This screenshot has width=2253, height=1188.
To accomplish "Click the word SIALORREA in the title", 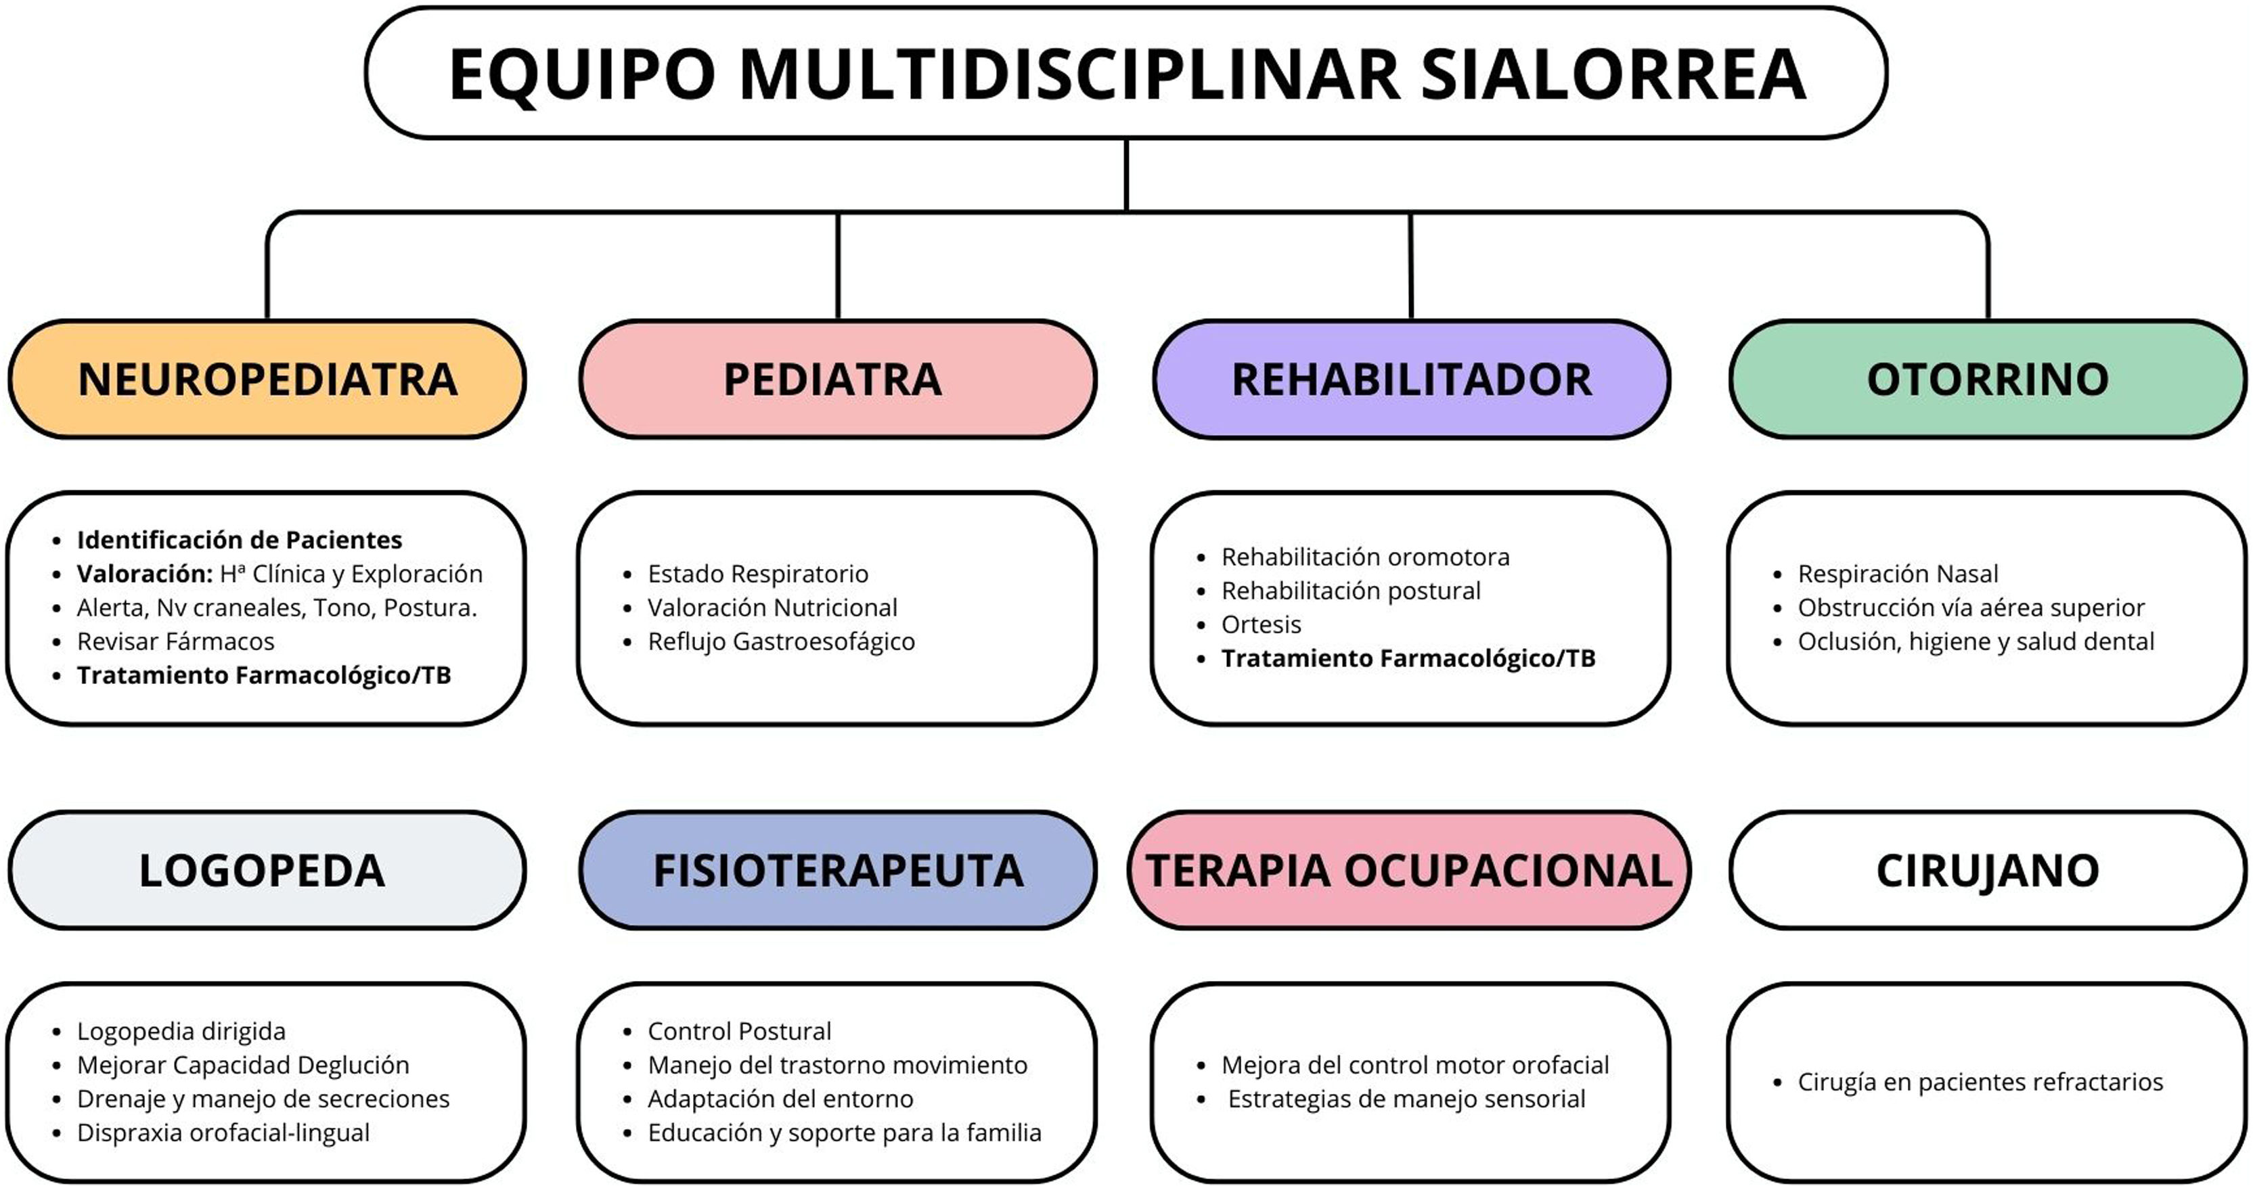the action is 1613,74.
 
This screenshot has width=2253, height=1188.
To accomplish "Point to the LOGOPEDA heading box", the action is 267,871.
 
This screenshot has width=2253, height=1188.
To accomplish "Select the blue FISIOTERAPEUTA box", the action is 837,871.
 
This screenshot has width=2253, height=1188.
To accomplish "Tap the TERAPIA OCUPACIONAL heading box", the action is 1409,871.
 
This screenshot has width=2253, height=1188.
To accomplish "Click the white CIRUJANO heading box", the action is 1987,871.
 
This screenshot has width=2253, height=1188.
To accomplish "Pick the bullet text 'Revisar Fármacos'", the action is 176,641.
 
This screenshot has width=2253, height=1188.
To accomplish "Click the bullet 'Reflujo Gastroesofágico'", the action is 781,641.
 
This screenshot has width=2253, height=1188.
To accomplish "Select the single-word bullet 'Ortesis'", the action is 1262,624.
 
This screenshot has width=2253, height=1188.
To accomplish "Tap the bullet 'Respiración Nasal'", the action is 1898,574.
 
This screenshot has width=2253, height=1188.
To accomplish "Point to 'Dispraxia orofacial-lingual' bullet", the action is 223,1133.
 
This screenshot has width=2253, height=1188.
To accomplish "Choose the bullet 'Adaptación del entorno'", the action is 780,1099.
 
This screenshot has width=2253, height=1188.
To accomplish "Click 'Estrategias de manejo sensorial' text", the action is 1406,1099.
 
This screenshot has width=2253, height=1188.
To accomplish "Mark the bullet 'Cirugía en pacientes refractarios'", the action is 1980,1082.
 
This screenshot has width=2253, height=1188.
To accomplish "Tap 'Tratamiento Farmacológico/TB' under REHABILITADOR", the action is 1408,658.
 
